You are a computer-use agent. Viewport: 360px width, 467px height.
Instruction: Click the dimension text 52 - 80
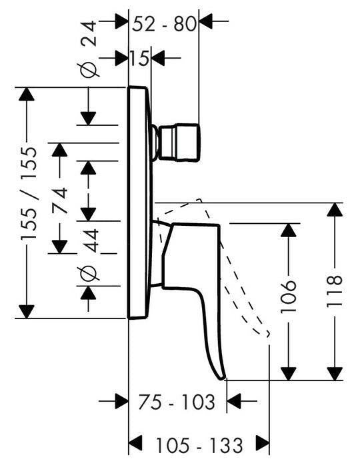(164, 24)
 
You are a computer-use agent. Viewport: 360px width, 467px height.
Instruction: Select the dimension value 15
(139, 58)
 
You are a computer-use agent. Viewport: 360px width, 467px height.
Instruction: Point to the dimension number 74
(59, 200)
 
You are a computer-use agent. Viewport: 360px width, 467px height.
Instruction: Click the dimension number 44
(91, 240)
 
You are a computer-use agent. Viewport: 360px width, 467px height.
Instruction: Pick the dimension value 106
(289, 296)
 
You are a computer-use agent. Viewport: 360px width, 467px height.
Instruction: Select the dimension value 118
(334, 292)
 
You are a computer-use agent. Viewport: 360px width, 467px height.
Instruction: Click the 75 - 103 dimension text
(177, 402)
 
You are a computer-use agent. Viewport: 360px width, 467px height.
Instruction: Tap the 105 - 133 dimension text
(199, 445)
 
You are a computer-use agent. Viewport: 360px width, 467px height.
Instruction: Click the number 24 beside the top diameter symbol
(89, 33)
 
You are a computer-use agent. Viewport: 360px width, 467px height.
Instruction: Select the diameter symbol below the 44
(88, 273)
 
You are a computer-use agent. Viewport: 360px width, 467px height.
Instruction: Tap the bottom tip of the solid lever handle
(222, 378)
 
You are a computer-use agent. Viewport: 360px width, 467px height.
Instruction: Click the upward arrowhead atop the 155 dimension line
(27, 94)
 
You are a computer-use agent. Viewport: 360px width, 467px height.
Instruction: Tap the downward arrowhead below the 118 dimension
(335, 374)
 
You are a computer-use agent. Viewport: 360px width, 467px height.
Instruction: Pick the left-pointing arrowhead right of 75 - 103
(234, 401)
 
